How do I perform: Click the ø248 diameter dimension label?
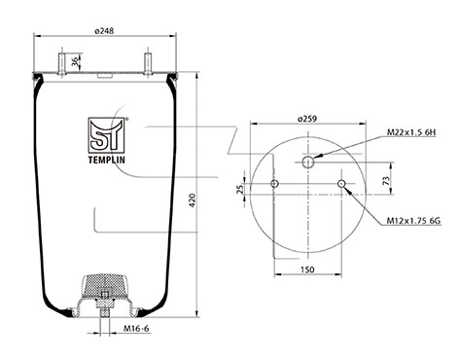pos(104,31)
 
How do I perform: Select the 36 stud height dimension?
pos(75,62)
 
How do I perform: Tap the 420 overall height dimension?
pos(193,200)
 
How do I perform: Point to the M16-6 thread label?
pos(136,329)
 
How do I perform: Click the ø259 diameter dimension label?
pos(307,119)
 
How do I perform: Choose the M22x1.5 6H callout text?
pos(411,132)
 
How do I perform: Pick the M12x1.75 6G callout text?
pos(413,221)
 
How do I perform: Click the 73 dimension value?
pos(386,180)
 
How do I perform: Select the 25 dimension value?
pos(240,189)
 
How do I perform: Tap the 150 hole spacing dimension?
pos(307,270)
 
